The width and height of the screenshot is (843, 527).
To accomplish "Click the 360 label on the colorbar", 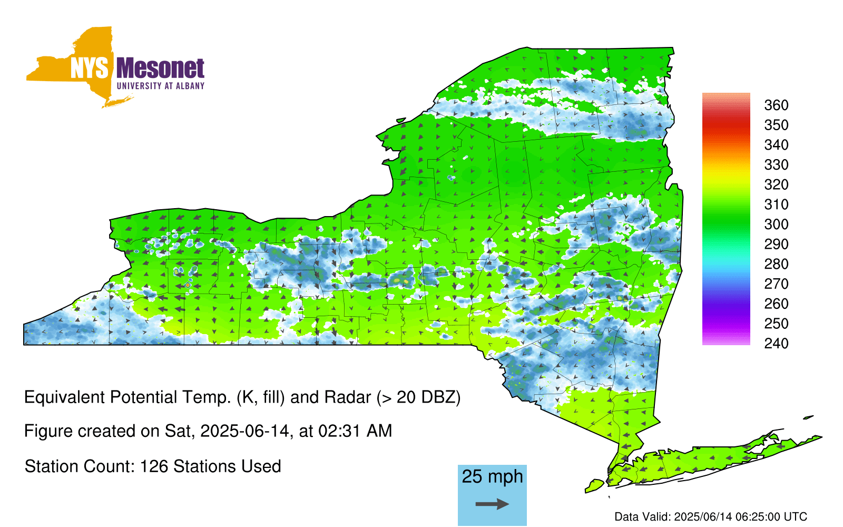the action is coord(776,105).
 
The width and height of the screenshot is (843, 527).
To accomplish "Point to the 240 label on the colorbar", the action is coord(776,343).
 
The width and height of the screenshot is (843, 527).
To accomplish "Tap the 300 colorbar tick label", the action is coord(776,225).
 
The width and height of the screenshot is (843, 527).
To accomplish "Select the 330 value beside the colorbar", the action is coord(776,164).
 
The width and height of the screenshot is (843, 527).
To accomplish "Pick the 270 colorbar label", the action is coord(776,284).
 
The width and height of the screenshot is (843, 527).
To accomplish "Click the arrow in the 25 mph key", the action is coord(492,504).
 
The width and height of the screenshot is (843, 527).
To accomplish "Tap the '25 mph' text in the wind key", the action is coord(492,476).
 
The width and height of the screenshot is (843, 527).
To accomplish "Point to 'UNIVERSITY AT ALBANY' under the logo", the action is coord(161,86).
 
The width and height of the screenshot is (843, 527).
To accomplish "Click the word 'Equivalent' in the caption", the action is coord(64,397).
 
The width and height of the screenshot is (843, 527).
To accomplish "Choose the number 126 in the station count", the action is coord(153,466).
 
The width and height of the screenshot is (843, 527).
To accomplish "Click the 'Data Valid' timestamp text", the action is coord(711,516).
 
